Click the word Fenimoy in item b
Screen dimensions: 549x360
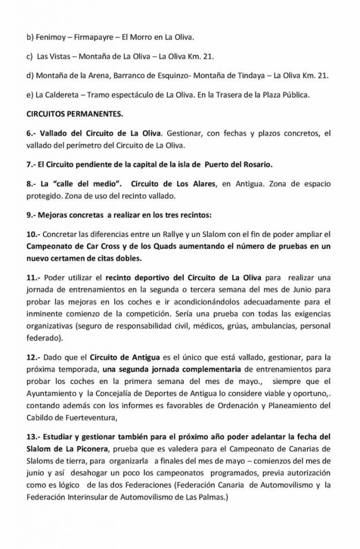pyautogui.click(x=49, y=37)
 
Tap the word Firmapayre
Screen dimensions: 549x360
pyautogui.click(x=92, y=37)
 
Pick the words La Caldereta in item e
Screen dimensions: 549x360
pyautogui.click(x=55, y=95)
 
